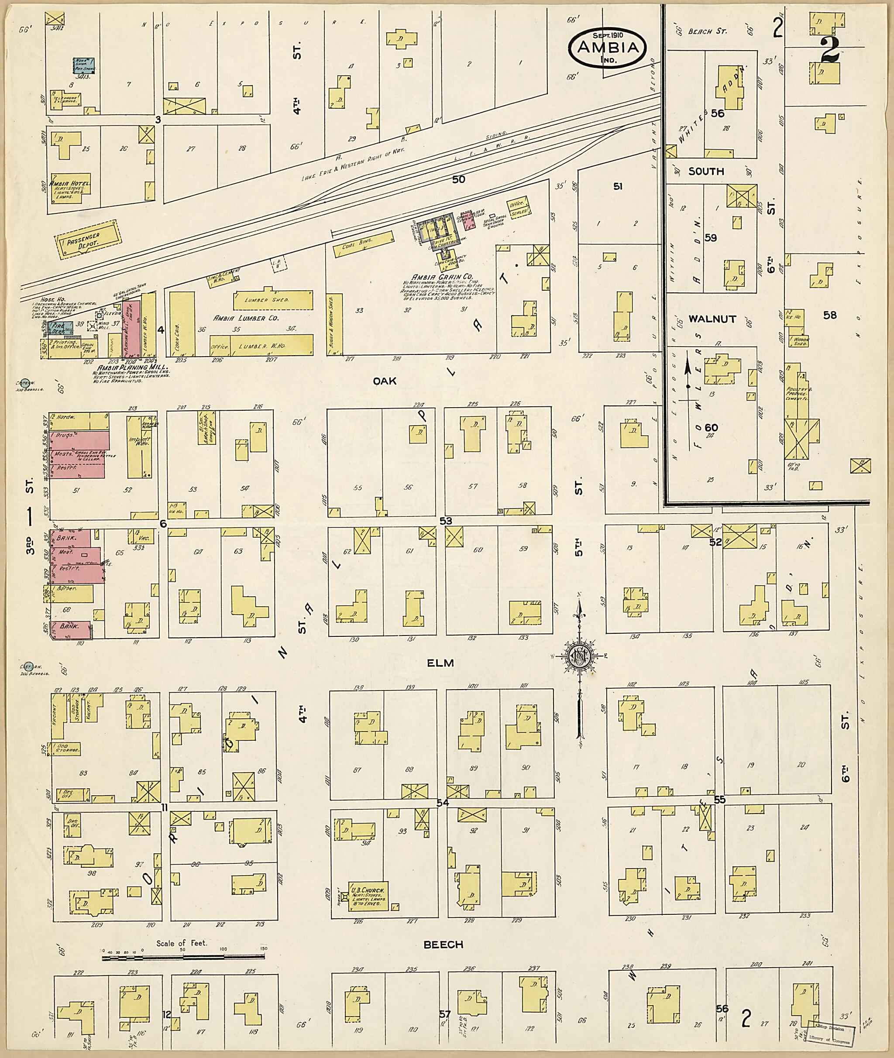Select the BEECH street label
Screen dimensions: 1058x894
pos(443,945)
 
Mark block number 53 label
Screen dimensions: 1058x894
pos(446,521)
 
